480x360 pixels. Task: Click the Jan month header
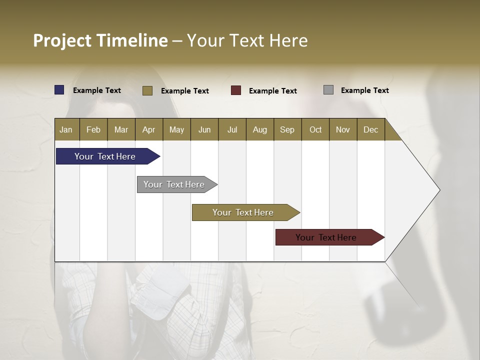[66, 129]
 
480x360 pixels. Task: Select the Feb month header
[93, 129]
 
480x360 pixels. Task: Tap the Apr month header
[148, 129]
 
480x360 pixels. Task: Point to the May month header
[176, 129]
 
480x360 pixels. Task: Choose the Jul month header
[232, 129]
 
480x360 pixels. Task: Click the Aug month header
[259, 129]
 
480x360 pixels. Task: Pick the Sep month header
[287, 129]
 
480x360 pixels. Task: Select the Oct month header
[315, 129]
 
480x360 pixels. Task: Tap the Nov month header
[342, 129]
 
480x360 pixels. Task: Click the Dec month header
[370, 129]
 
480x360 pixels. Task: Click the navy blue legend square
[59, 90]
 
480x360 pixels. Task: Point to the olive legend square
[147, 90]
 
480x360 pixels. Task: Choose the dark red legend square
[236, 90]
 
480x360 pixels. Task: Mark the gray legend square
[328, 90]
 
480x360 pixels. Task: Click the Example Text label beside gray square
[364, 90]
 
